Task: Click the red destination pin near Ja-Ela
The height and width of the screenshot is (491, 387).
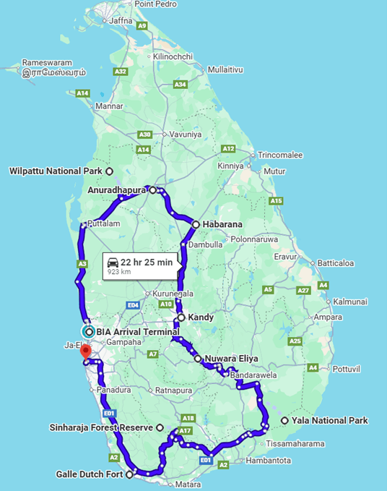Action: point(84,351)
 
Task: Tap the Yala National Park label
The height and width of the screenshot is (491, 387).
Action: point(329,420)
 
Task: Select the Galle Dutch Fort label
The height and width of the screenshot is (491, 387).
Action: point(89,475)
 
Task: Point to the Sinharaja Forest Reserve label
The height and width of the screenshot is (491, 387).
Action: point(101,427)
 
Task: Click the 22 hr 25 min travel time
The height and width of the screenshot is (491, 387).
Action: point(147,262)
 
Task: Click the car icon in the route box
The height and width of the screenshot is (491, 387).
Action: point(113,262)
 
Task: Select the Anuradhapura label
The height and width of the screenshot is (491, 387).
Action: point(116,190)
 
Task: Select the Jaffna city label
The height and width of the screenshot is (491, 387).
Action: point(121,20)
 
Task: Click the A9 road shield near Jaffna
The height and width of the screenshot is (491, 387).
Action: point(142,26)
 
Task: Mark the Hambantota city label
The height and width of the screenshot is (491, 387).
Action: point(269,460)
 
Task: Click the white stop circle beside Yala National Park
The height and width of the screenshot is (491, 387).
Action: point(284,420)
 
